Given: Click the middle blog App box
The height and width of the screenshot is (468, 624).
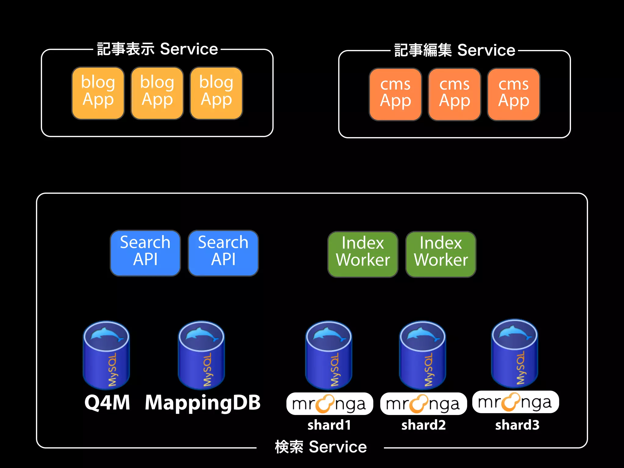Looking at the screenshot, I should (157, 93).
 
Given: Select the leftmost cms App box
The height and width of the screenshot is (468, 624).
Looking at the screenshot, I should (395, 94).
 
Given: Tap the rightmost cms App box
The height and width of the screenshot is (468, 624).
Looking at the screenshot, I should (513, 94).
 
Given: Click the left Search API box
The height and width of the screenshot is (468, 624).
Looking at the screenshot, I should (145, 253).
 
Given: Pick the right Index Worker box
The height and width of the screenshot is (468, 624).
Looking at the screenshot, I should (441, 254).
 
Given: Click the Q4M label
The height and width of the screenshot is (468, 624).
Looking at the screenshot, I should (107, 402).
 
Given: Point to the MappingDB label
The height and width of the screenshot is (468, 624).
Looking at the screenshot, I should (203, 402).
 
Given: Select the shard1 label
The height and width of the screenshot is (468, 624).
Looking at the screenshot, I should (329, 425).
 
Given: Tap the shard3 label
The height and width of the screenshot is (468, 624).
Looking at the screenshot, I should (517, 425).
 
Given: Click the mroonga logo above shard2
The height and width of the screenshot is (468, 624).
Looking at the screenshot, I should (423, 404).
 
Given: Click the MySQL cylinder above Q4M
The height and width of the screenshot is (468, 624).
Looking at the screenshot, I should (106, 355).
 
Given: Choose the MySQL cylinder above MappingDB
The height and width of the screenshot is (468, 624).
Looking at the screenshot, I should (201, 355).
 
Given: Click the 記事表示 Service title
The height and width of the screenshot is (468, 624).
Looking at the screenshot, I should (157, 49).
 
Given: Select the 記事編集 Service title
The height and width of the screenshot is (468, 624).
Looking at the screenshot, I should (455, 50).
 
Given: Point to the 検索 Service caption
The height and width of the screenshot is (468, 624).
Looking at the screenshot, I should (321, 447).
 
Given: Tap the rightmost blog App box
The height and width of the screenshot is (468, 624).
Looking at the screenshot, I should (216, 93).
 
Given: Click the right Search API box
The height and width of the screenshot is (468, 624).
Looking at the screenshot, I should (223, 253).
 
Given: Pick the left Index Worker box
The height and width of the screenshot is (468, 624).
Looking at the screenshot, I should (363, 254).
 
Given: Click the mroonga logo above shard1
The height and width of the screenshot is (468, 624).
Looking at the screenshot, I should (329, 404).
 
